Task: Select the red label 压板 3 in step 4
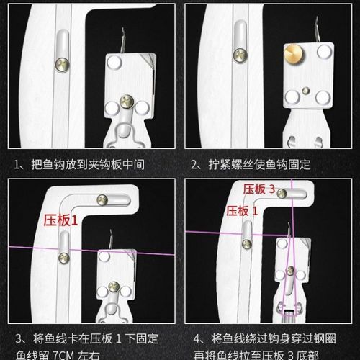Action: pyautogui.click(x=260, y=189)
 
